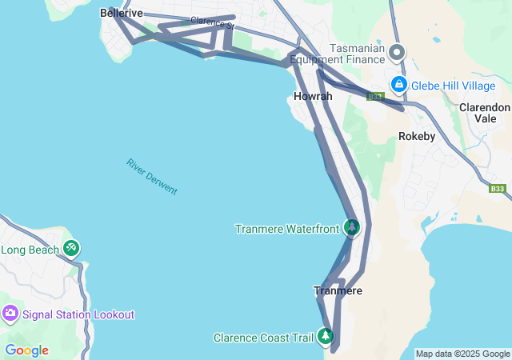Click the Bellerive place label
pos(122,14)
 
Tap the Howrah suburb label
pos(313,96)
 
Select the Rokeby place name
pos(417,136)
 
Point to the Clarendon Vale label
pos(484,112)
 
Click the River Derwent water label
pos(151,177)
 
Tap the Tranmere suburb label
pos(338,290)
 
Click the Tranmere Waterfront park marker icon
pos(351,227)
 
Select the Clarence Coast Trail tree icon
pos(326,336)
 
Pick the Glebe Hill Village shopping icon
pos(398,85)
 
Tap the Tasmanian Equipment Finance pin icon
pos(397,53)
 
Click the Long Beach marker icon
pos(72,249)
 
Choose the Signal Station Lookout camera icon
pos(10,314)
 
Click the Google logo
pos(26,350)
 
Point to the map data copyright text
pos(462,354)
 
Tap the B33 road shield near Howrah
pos(375,97)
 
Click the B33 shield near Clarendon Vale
pos(498,189)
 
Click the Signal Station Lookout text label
pos(79,314)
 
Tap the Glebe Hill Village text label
pos(454,86)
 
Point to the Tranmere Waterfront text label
pos(287,229)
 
